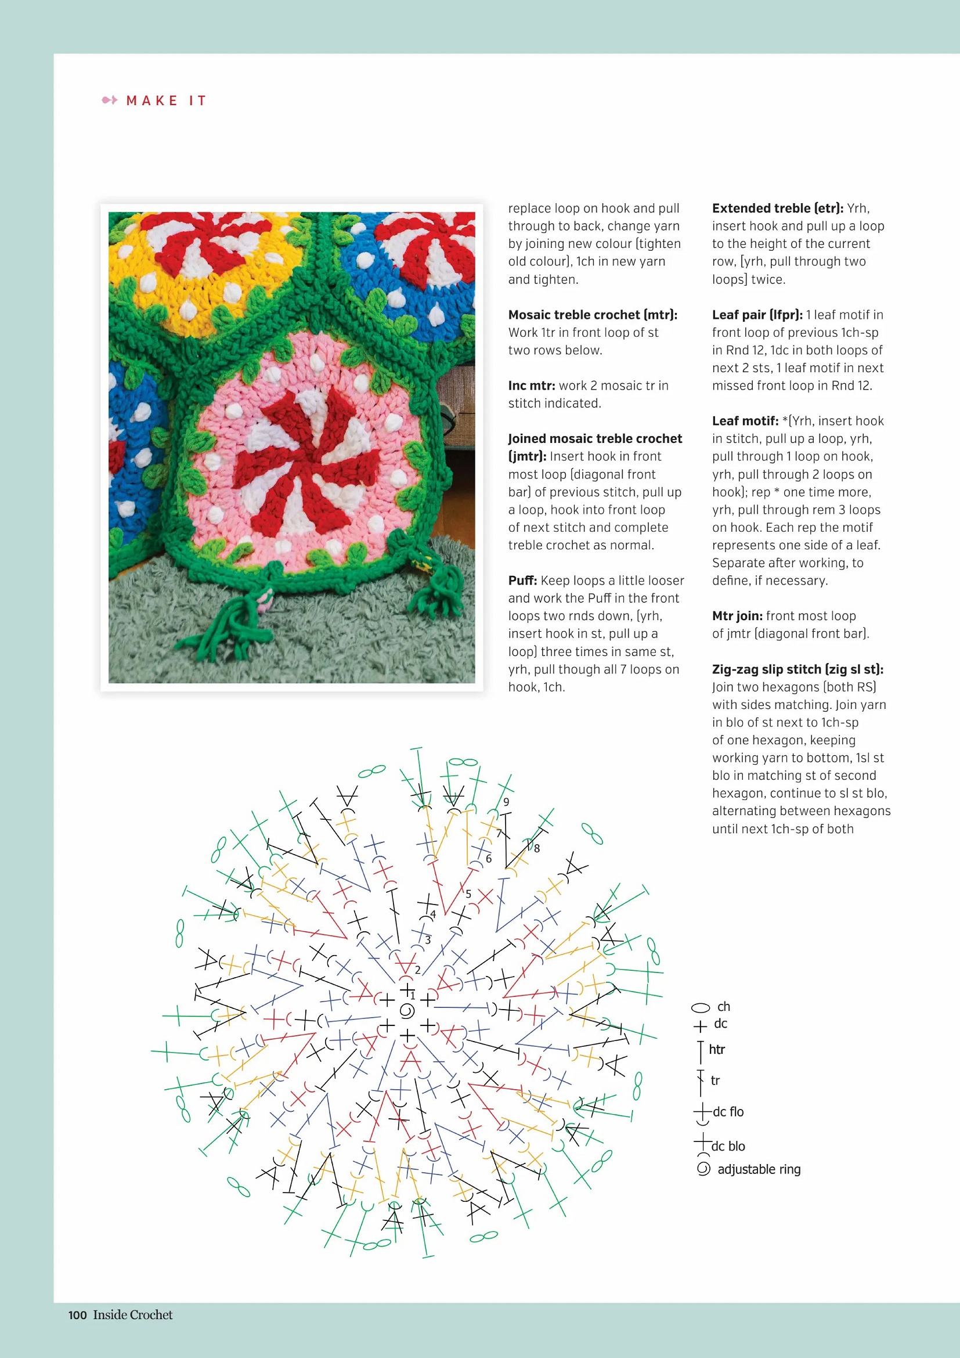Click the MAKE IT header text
(166, 100)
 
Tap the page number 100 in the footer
(77, 1315)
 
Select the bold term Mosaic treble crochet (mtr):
(593, 315)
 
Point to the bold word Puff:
(522, 580)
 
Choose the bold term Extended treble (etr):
(777, 208)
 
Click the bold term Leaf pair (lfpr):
(757, 315)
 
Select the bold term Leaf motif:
(745, 421)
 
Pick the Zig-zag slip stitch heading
(797, 669)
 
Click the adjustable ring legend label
(759, 1169)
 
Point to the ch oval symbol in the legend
(701, 1007)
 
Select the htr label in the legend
(716, 1049)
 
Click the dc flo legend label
(728, 1112)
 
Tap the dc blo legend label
(728, 1146)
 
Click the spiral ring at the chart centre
(407, 1011)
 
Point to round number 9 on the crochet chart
(506, 802)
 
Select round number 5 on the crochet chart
(468, 894)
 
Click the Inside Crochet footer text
(133, 1315)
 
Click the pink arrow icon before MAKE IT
(109, 100)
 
